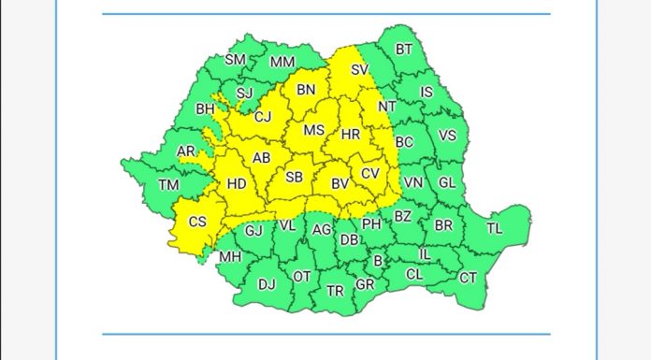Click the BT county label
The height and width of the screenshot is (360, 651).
403,50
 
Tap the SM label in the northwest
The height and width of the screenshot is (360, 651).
235,60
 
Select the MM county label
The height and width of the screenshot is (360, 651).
282,63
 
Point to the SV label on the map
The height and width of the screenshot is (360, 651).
359,69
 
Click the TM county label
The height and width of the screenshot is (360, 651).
168,185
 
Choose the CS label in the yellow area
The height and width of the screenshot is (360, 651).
197,222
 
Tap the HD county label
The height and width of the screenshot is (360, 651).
237,184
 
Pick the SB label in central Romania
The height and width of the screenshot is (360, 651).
294,177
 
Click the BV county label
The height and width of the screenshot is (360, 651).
340,184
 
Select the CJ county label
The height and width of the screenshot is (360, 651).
263,117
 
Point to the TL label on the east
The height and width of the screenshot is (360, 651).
495,228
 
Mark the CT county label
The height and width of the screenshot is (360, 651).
468,278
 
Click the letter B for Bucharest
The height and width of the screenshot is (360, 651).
378,262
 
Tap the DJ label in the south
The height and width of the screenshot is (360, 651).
267,284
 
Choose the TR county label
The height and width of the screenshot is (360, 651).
335,291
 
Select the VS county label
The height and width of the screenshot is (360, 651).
447,136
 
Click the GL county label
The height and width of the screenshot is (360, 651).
447,182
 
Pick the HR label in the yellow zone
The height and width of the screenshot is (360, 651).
351,135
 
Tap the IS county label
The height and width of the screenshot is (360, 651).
427,92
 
